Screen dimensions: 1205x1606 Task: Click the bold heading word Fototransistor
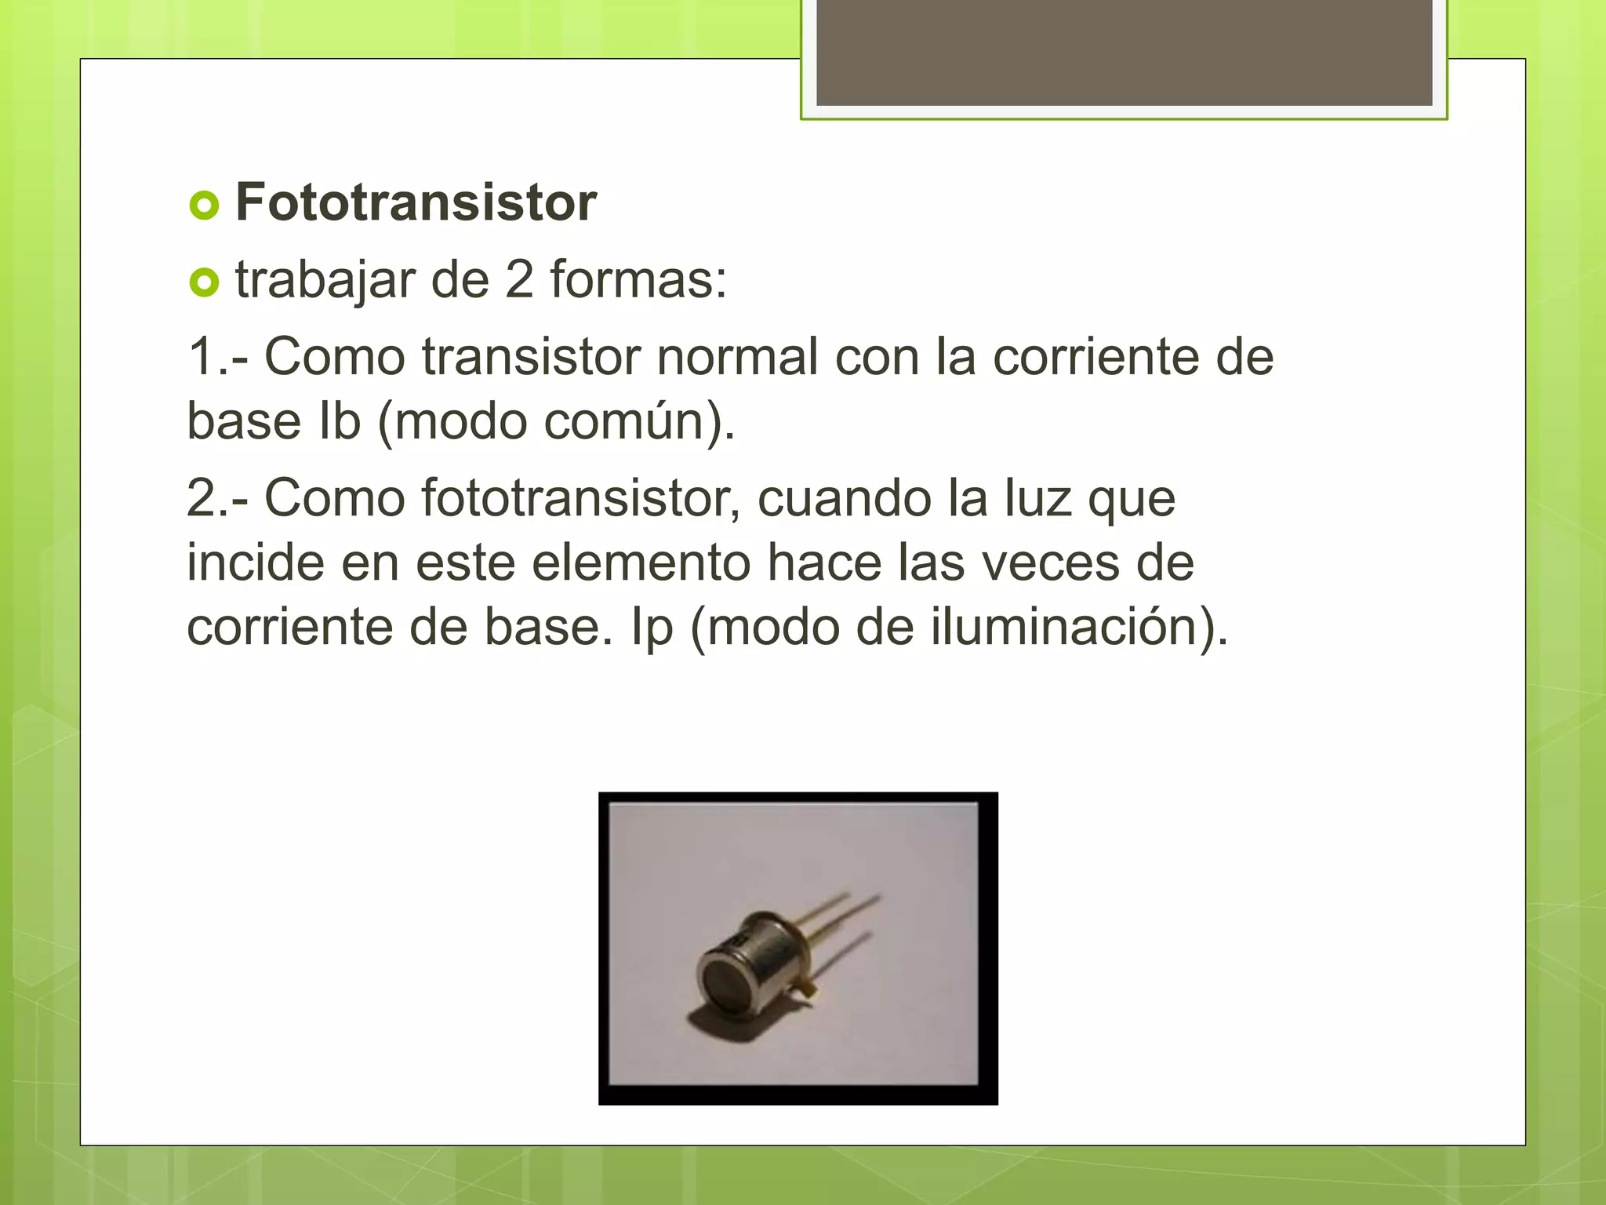(x=416, y=202)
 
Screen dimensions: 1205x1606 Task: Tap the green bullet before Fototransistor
(x=204, y=206)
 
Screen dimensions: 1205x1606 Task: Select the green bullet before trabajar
(x=204, y=282)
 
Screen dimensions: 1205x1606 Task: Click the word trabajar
(x=325, y=281)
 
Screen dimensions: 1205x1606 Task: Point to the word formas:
(x=638, y=279)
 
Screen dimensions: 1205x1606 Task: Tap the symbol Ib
(x=339, y=421)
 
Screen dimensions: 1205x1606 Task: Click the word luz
(x=1037, y=498)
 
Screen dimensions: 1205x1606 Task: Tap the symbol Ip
(x=652, y=628)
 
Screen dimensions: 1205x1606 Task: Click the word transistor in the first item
(x=531, y=357)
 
